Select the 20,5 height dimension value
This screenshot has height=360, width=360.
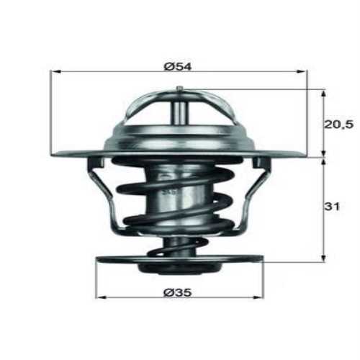click(338, 124)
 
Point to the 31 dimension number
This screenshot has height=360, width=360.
click(332, 207)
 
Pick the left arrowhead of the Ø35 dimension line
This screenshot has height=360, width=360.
click(99, 297)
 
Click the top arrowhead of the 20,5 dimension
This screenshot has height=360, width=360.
click(323, 93)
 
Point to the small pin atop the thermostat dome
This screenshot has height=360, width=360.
click(179, 89)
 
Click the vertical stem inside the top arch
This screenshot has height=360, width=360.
click(179, 112)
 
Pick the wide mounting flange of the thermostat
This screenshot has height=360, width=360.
click(79, 152)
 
